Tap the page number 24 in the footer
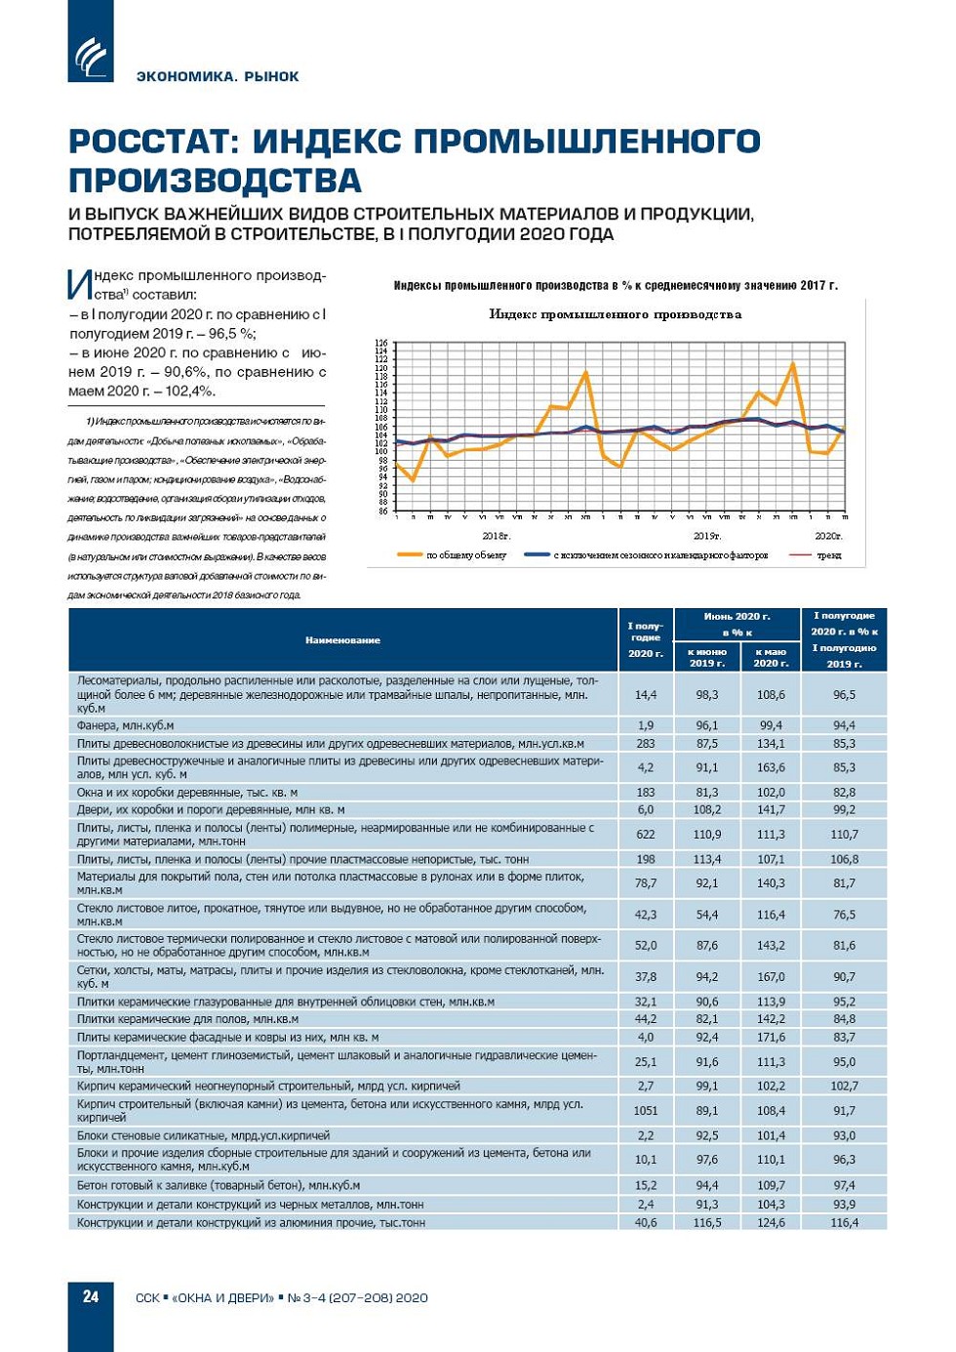tap(91, 1296)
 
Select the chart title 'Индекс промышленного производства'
tap(615, 314)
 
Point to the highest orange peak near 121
tap(793, 364)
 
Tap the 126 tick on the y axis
tap(381, 344)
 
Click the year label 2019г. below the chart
tap(706, 536)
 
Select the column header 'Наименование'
tap(342, 640)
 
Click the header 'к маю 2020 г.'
tap(771, 657)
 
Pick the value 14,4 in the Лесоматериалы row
tap(646, 695)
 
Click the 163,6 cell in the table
tap(771, 767)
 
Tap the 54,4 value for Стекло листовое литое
tap(707, 915)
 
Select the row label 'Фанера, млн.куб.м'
tap(125, 725)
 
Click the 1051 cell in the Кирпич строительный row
tap(646, 1110)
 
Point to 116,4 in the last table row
tap(844, 1222)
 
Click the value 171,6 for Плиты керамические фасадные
tap(771, 1037)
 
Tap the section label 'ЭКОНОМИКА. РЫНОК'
tap(218, 76)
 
